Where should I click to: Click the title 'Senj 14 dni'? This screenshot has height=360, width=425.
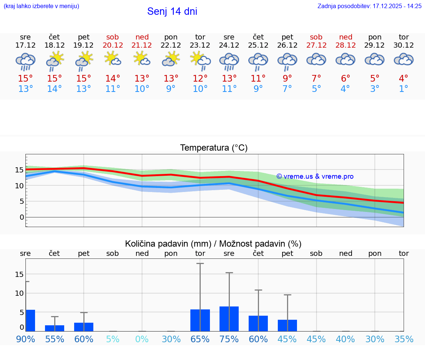(x=172, y=11)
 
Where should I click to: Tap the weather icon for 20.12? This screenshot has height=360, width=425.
(x=113, y=59)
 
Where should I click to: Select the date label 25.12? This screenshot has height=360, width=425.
(x=258, y=45)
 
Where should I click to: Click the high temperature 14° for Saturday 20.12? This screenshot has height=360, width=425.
(x=113, y=78)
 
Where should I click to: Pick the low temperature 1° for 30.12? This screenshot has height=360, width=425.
(x=404, y=89)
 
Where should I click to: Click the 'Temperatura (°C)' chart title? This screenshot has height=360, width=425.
(x=214, y=148)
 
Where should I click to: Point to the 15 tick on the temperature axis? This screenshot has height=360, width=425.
(x=19, y=170)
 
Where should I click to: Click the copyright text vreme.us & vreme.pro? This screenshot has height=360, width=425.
(x=315, y=176)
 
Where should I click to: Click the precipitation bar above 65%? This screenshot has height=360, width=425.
(x=200, y=320)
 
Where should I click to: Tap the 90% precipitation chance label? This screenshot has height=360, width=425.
(x=25, y=339)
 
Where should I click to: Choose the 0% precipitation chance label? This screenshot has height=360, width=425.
(x=142, y=339)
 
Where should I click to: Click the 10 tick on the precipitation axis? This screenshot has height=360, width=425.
(x=19, y=293)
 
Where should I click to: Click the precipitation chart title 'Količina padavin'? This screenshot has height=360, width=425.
(x=213, y=244)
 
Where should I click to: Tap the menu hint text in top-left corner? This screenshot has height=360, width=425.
(x=41, y=6)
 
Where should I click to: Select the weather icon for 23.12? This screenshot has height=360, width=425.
(x=200, y=60)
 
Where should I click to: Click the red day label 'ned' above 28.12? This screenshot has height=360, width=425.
(x=346, y=37)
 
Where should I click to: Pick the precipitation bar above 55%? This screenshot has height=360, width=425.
(x=55, y=328)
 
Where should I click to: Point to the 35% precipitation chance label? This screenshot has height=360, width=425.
(x=404, y=339)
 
